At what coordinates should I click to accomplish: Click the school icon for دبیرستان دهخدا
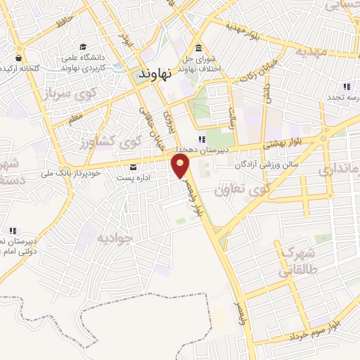[202, 139]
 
